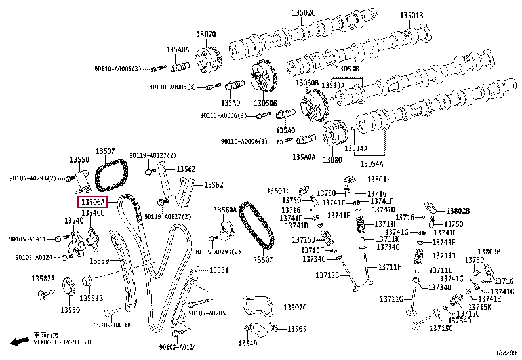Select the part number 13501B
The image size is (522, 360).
tap(412, 16)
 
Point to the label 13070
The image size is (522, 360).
tap(207, 34)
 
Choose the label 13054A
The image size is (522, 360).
tap(372, 163)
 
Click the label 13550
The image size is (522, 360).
tap(79, 160)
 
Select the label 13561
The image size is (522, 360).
tap(219, 270)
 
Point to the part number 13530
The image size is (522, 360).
tap(70, 310)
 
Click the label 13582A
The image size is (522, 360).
tap(43, 279)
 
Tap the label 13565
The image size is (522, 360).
tap(297, 329)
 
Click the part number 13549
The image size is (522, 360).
tap(247, 343)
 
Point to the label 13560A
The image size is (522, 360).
tap(224, 210)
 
